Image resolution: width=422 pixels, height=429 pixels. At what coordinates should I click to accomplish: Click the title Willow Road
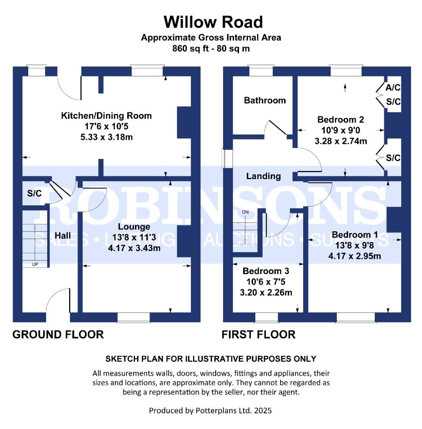[213, 22]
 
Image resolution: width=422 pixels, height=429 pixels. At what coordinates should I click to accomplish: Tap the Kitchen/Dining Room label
[106, 116]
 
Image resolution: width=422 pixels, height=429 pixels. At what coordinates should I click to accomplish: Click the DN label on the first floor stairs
[245, 213]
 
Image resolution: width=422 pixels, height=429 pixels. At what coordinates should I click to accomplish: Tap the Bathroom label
[265, 100]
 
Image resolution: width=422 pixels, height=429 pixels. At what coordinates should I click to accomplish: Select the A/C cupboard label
[393, 87]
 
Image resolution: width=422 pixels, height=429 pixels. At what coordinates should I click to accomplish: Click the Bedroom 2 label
[341, 120]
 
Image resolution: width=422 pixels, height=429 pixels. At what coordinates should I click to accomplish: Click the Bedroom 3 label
[266, 271]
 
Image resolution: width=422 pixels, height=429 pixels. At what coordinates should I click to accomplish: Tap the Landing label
[263, 176]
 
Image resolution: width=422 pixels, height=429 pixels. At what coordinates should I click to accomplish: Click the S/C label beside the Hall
[34, 194]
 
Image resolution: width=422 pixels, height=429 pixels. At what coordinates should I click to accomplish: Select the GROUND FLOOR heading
[58, 334]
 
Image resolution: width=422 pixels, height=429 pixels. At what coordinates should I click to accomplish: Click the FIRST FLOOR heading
[258, 334]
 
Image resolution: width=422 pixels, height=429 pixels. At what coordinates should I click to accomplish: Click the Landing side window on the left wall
[228, 158]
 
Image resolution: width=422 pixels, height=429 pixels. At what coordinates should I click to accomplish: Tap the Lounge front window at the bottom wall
[134, 317]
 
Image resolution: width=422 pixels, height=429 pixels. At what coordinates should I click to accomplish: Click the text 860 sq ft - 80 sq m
[211, 48]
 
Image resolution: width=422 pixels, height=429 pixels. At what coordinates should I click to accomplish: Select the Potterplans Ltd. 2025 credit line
[210, 410]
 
